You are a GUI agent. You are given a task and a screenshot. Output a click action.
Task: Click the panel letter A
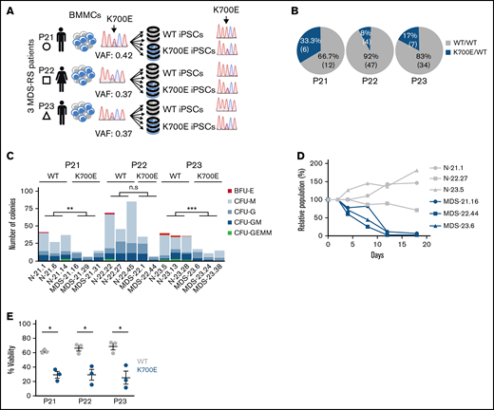pos(7,7)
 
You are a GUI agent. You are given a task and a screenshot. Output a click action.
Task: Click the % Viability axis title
pos(10,353)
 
